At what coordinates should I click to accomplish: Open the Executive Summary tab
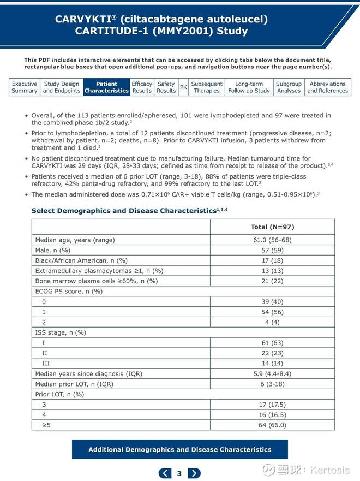pyautogui.click(x=25, y=87)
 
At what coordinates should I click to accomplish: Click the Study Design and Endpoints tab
pyautogui.click(x=61, y=87)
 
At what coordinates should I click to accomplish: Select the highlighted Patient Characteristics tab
pyautogui.click(x=106, y=87)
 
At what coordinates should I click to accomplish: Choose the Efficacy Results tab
pyautogui.click(x=142, y=87)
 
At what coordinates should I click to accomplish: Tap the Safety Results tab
pyautogui.click(x=166, y=87)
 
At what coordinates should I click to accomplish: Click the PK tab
pyautogui.click(x=183, y=87)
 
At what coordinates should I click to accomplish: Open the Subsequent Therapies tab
pyautogui.click(x=207, y=87)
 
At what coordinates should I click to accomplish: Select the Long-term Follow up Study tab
pyautogui.click(x=249, y=87)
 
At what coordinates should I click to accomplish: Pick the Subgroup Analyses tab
pyautogui.click(x=289, y=87)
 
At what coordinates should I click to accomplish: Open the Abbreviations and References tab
pyautogui.click(x=327, y=87)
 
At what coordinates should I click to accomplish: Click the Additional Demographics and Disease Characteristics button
pyautogui.click(x=179, y=450)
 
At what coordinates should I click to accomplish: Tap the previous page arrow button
pyautogui.click(x=165, y=473)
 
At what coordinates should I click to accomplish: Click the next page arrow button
pyautogui.click(x=194, y=473)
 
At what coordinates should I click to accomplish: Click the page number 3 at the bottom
pyautogui.click(x=179, y=473)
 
